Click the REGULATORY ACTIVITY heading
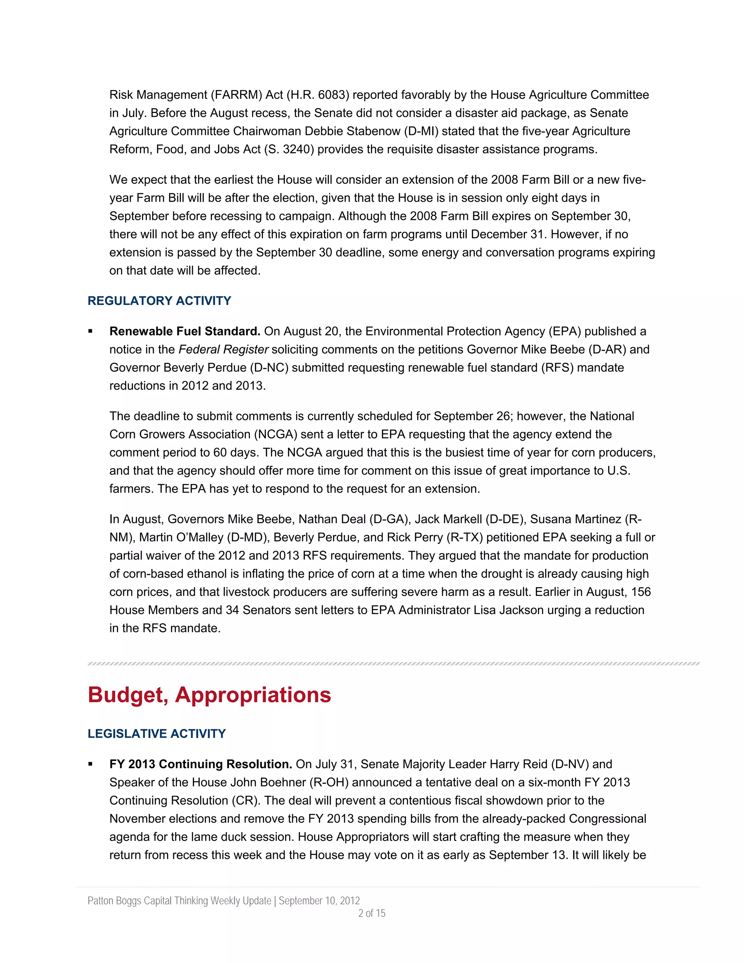(159, 301)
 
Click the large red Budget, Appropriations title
(209, 695)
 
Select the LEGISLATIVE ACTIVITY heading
(157, 734)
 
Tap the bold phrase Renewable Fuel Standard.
(185, 331)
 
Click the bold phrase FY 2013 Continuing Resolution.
(201, 764)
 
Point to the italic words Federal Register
(223, 350)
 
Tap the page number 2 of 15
(372, 913)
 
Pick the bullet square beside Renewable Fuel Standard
(90, 331)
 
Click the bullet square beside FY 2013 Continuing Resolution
(90, 764)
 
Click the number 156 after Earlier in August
(640, 592)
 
